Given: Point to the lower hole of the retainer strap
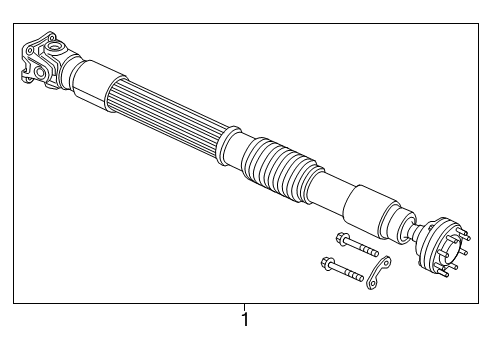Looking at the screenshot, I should [x=371, y=286].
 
